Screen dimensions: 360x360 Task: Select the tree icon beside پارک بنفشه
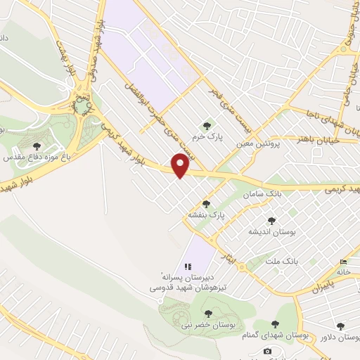click(x=206, y=204)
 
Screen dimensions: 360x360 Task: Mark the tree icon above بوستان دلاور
click(x=341, y=326)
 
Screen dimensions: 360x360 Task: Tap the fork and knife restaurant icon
click(x=188, y=266)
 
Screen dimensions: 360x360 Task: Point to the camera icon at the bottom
click(x=267, y=351)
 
